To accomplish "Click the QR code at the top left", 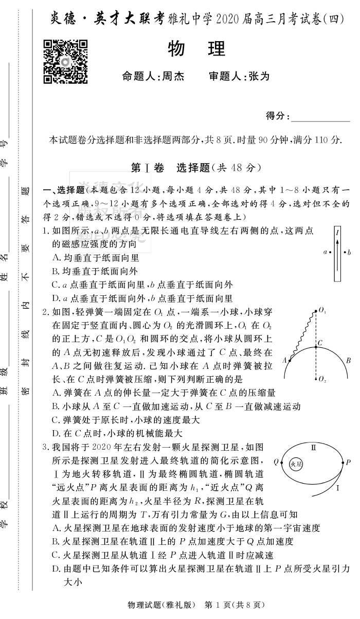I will [x=65, y=62].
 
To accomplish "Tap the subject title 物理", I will [x=197, y=49].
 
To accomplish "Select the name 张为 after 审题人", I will [x=259, y=77].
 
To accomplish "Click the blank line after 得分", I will [x=320, y=117].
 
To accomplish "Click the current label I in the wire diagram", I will [x=337, y=233].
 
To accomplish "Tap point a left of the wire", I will [x=325, y=252].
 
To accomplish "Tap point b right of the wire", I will [x=349, y=252].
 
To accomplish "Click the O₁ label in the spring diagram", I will [x=322, y=310].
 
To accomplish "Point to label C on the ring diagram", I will [x=319, y=342].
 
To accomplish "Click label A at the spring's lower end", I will [x=283, y=361].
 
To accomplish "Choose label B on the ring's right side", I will [x=348, y=361].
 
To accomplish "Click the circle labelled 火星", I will [x=296, y=464].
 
